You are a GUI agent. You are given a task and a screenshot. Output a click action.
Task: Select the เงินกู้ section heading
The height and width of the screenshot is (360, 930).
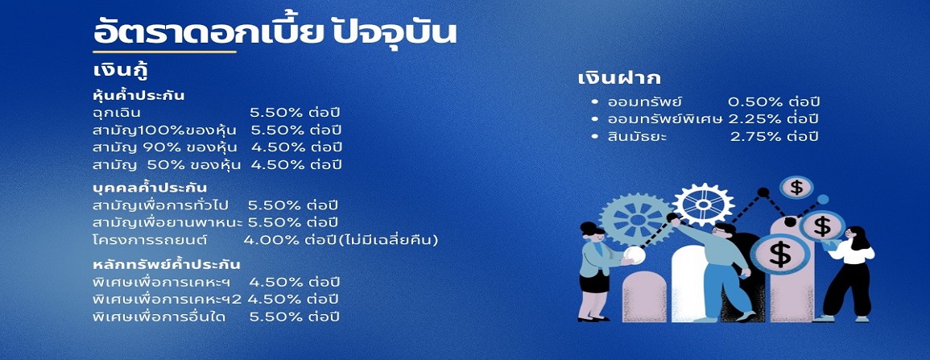pyautogui.click(x=121, y=71)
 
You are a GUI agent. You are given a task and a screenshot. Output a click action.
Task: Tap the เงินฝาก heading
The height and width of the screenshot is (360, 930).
pyautogui.click(x=619, y=78)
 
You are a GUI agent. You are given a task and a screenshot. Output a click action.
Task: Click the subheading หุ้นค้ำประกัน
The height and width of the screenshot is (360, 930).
pyautogui.click(x=138, y=95)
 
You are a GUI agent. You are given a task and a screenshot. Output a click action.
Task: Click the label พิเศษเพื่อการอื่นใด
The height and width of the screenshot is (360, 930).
pyautogui.click(x=159, y=317)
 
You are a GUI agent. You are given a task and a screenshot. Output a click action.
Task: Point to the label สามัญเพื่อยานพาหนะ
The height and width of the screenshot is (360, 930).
pyautogui.click(x=168, y=223)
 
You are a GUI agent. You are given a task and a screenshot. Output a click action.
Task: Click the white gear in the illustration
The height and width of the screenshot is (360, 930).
pyautogui.click(x=704, y=204)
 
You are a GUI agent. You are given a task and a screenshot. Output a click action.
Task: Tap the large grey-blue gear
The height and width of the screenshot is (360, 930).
pyautogui.click(x=636, y=219)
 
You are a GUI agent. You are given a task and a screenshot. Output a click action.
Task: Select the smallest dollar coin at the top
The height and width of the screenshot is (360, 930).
pyautogui.click(x=796, y=188)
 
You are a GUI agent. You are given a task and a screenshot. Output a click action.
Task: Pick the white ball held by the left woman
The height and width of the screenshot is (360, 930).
pyautogui.click(x=634, y=255)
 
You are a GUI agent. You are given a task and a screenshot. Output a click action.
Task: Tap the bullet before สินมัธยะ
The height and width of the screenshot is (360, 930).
pyautogui.click(x=595, y=136)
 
